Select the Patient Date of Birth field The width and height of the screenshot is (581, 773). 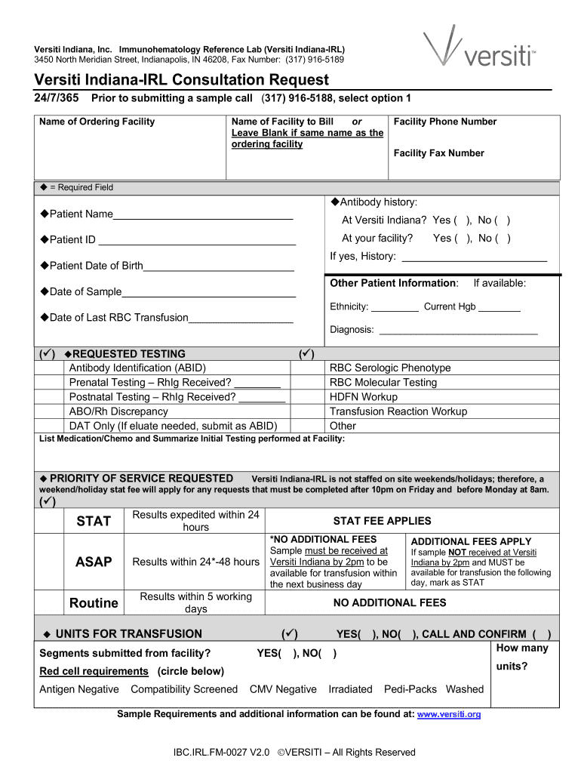(x=218, y=269)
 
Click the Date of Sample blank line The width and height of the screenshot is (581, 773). (x=208, y=294)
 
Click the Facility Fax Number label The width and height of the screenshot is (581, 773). (x=438, y=153)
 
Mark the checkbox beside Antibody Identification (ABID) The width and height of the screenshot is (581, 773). (x=51, y=368)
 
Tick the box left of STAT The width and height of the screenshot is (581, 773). (x=51, y=521)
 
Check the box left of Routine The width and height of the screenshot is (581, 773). (x=51, y=602)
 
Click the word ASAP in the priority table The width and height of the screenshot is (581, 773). (x=94, y=562)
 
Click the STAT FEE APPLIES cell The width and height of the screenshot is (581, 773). (x=382, y=521)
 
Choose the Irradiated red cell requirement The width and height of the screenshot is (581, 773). (x=350, y=689)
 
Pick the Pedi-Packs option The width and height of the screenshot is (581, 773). (x=410, y=689)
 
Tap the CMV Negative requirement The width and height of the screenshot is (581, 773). (x=283, y=689)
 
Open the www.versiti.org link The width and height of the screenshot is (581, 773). (x=449, y=714)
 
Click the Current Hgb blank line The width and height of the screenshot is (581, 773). (x=500, y=310)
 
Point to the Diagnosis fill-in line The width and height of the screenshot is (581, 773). (x=458, y=332)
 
